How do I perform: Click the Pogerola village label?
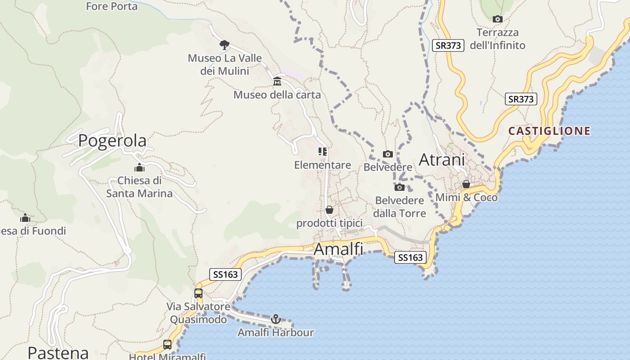pos(112,141)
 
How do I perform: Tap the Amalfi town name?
pos(338,249)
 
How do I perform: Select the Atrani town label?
pos(442,160)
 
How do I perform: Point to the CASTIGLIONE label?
pos(549,131)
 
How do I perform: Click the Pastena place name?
pos(58,352)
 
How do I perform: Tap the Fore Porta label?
pos(112,6)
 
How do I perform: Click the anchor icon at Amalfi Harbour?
pos(276,319)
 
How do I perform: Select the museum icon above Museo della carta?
pos(277,81)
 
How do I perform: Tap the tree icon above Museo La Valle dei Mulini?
pos(224,45)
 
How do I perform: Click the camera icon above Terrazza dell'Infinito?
pos(497,19)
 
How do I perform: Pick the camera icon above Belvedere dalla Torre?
pos(399,187)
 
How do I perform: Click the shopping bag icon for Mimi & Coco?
pos(466,184)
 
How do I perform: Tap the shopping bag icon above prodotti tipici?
pos(329,210)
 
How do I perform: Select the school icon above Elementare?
pos(323,152)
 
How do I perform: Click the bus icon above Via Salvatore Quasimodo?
pos(198,293)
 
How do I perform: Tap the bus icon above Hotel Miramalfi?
pos(167,345)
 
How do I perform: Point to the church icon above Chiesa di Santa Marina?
pos(139,168)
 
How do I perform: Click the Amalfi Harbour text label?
pos(276,333)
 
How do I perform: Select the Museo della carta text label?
pos(277,95)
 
